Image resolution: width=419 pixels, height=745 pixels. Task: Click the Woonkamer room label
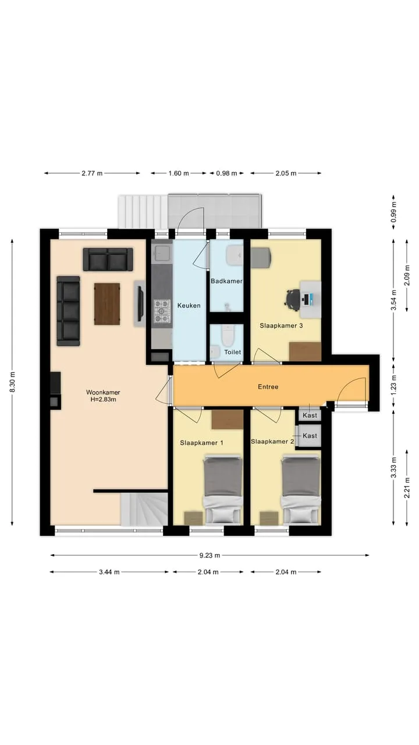point(103,392)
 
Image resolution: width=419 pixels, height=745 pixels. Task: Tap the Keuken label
point(189,306)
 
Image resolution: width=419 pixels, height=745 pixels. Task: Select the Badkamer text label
point(226,281)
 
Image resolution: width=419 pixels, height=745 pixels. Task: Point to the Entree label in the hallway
point(268,387)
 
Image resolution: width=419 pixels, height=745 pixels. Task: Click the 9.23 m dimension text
point(210,555)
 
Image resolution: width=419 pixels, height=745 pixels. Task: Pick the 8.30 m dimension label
point(13,382)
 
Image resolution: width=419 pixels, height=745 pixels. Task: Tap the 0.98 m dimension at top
point(226,173)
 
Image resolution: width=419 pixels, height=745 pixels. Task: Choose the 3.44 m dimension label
point(109,572)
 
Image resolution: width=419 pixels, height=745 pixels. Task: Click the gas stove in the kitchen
point(162,311)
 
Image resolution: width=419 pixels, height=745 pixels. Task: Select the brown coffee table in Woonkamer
point(106,304)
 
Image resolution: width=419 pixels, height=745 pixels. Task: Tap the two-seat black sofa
point(108,260)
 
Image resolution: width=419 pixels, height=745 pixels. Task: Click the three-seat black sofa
point(68,311)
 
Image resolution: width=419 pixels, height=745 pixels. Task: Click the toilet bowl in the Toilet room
point(228,335)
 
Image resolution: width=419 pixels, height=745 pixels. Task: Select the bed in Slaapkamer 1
point(223,489)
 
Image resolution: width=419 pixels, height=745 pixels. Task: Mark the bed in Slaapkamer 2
point(301,489)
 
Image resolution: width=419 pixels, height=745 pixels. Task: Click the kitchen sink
point(162,253)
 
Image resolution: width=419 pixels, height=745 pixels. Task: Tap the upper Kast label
point(310,416)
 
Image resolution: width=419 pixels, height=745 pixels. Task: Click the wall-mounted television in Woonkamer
point(141,303)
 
